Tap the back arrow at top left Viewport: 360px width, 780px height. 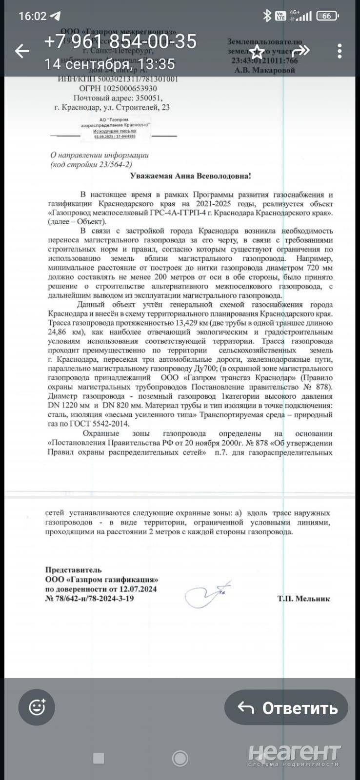tap(22, 51)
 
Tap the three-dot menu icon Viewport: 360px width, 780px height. tap(340, 51)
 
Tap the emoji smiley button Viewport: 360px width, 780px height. tap(38, 707)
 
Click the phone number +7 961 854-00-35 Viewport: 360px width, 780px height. tap(120, 41)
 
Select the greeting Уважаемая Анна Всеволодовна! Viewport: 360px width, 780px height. tap(191, 176)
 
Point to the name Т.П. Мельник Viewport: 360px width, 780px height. tap(303, 598)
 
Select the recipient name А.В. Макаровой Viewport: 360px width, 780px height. tap(265, 70)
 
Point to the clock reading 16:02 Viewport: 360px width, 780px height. tap(32, 16)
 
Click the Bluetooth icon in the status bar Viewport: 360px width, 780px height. tap(267, 16)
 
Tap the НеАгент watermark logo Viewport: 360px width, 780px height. tap(294, 754)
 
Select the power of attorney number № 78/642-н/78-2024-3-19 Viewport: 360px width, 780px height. tap(89, 598)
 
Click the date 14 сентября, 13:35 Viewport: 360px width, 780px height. tap(109, 64)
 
